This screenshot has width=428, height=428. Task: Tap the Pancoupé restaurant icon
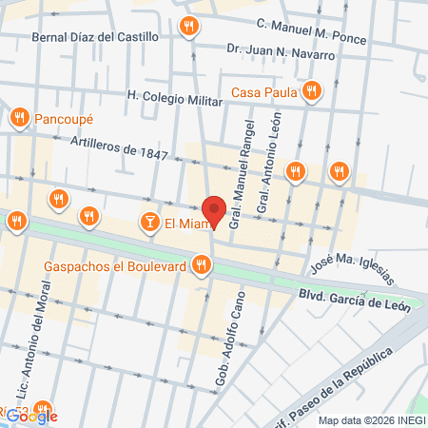(x=19, y=118)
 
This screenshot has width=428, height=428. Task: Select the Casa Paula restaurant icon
(x=312, y=92)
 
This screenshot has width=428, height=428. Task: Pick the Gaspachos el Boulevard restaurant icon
(x=201, y=266)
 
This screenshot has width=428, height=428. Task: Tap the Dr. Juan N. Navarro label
(x=281, y=54)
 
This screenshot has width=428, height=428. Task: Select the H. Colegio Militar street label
(x=180, y=95)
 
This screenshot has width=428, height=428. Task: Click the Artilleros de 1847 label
(x=119, y=147)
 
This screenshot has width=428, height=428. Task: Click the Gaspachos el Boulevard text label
(x=113, y=266)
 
